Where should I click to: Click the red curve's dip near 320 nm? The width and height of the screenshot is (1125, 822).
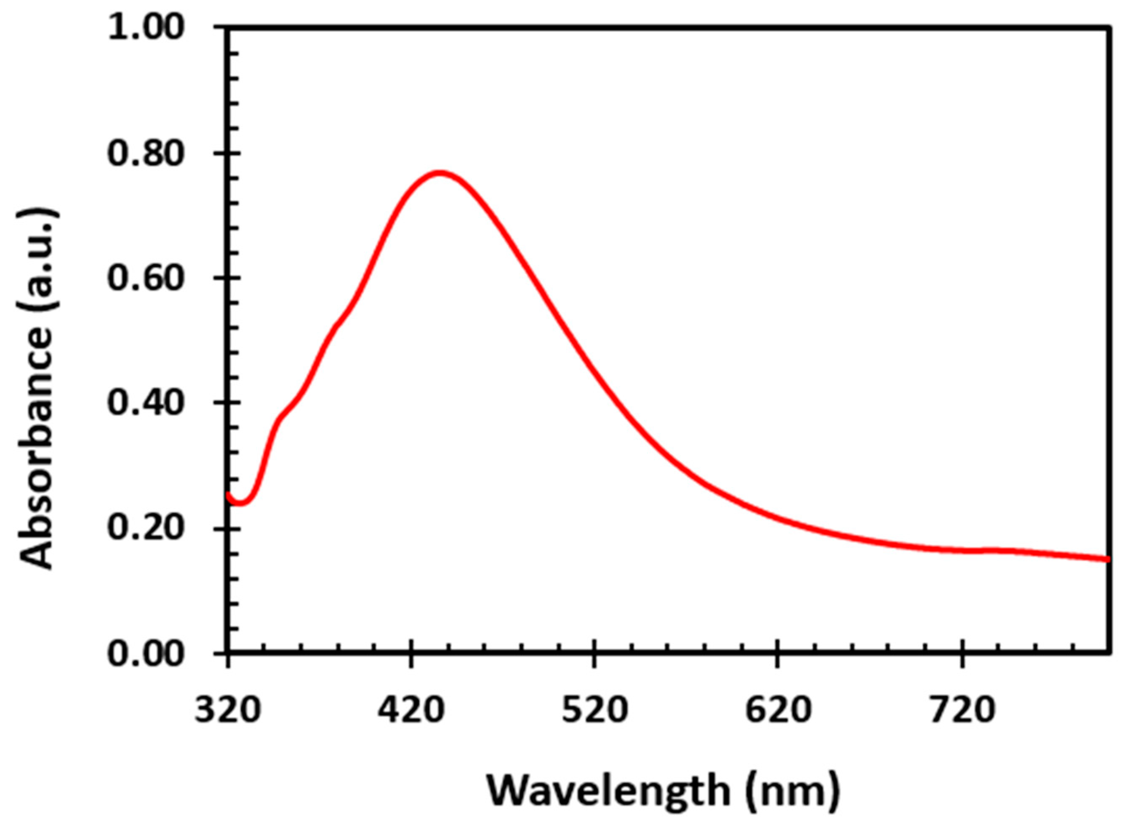click(x=240, y=503)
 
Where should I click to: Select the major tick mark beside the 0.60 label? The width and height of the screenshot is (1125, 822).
click(x=221, y=278)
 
